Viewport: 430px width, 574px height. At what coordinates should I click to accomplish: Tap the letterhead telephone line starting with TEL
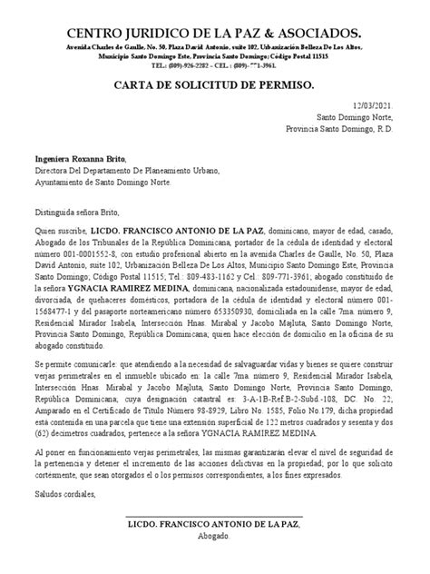pyautogui.click(x=214, y=64)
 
